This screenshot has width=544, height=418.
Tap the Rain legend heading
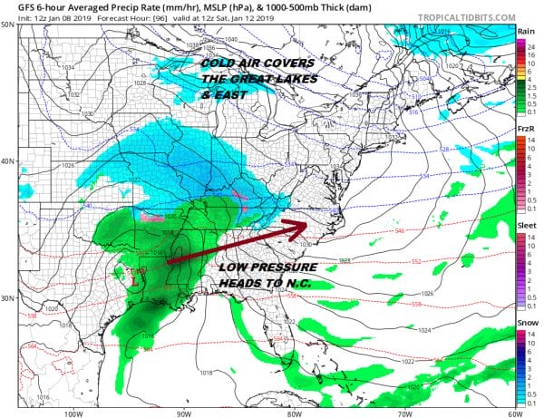coord(525,31)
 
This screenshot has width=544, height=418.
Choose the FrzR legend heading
coord(525,130)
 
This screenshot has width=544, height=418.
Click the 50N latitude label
coord(7,24)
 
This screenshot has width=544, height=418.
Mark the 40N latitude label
coord(7,160)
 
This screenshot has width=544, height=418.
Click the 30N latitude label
coord(7,298)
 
